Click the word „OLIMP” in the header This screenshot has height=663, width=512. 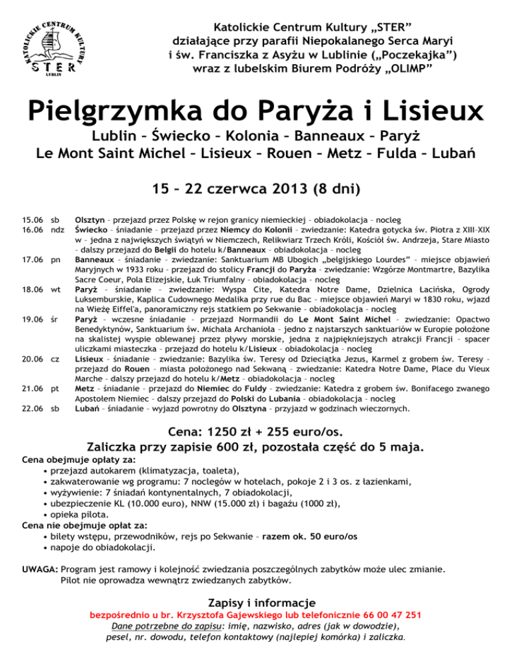pyautogui.click(x=402, y=68)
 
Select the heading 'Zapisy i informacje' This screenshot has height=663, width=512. pyautogui.click(x=256, y=600)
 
